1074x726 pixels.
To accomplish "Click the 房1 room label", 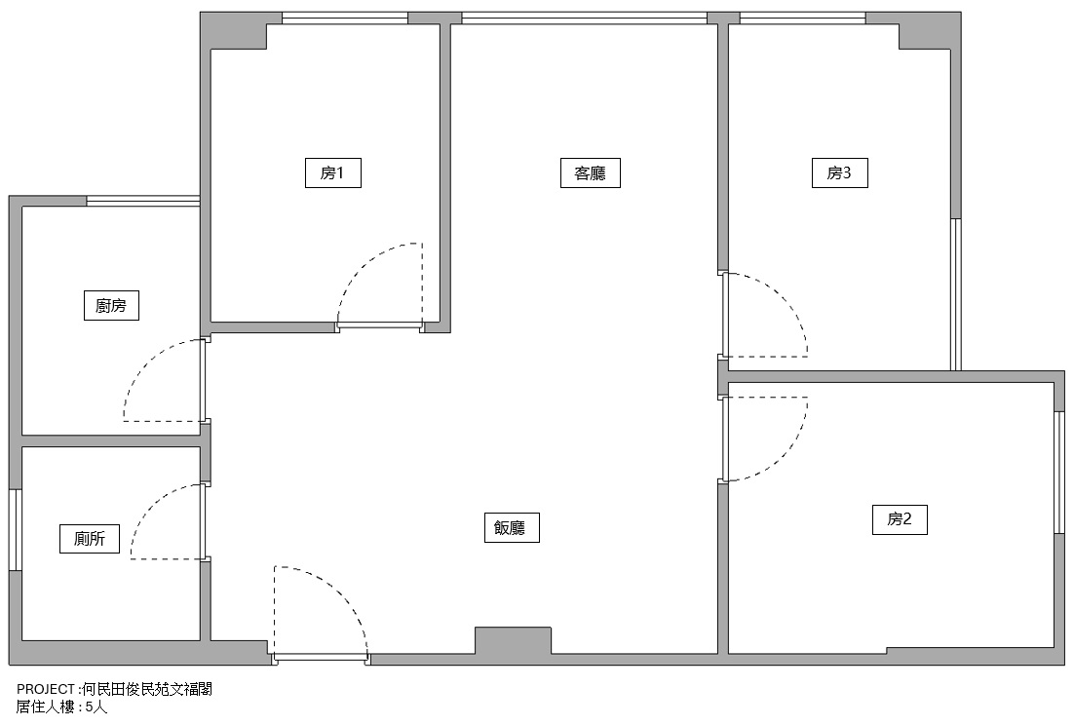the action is pos(333,172).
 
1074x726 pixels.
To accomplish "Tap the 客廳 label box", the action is pos(590,172).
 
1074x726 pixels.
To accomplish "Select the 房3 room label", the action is pos(839,172).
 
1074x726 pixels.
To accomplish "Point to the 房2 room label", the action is pos(900,519).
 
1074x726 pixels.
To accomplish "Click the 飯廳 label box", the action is pos(512,528).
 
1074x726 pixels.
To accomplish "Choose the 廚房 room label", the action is pos(111,305).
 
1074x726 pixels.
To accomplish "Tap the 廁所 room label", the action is pos(90,538).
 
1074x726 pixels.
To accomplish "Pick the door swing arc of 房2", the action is pos(786,455).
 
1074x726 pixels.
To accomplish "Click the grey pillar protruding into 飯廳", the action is pos(513,640).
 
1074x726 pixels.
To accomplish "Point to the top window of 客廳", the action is pos(584,18).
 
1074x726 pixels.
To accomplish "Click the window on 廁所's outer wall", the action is pos(15,529).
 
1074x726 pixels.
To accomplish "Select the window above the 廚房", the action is pos(143,201).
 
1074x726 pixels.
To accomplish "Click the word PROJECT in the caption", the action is pos(45,689).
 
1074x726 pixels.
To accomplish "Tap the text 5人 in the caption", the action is pos(96,707).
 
